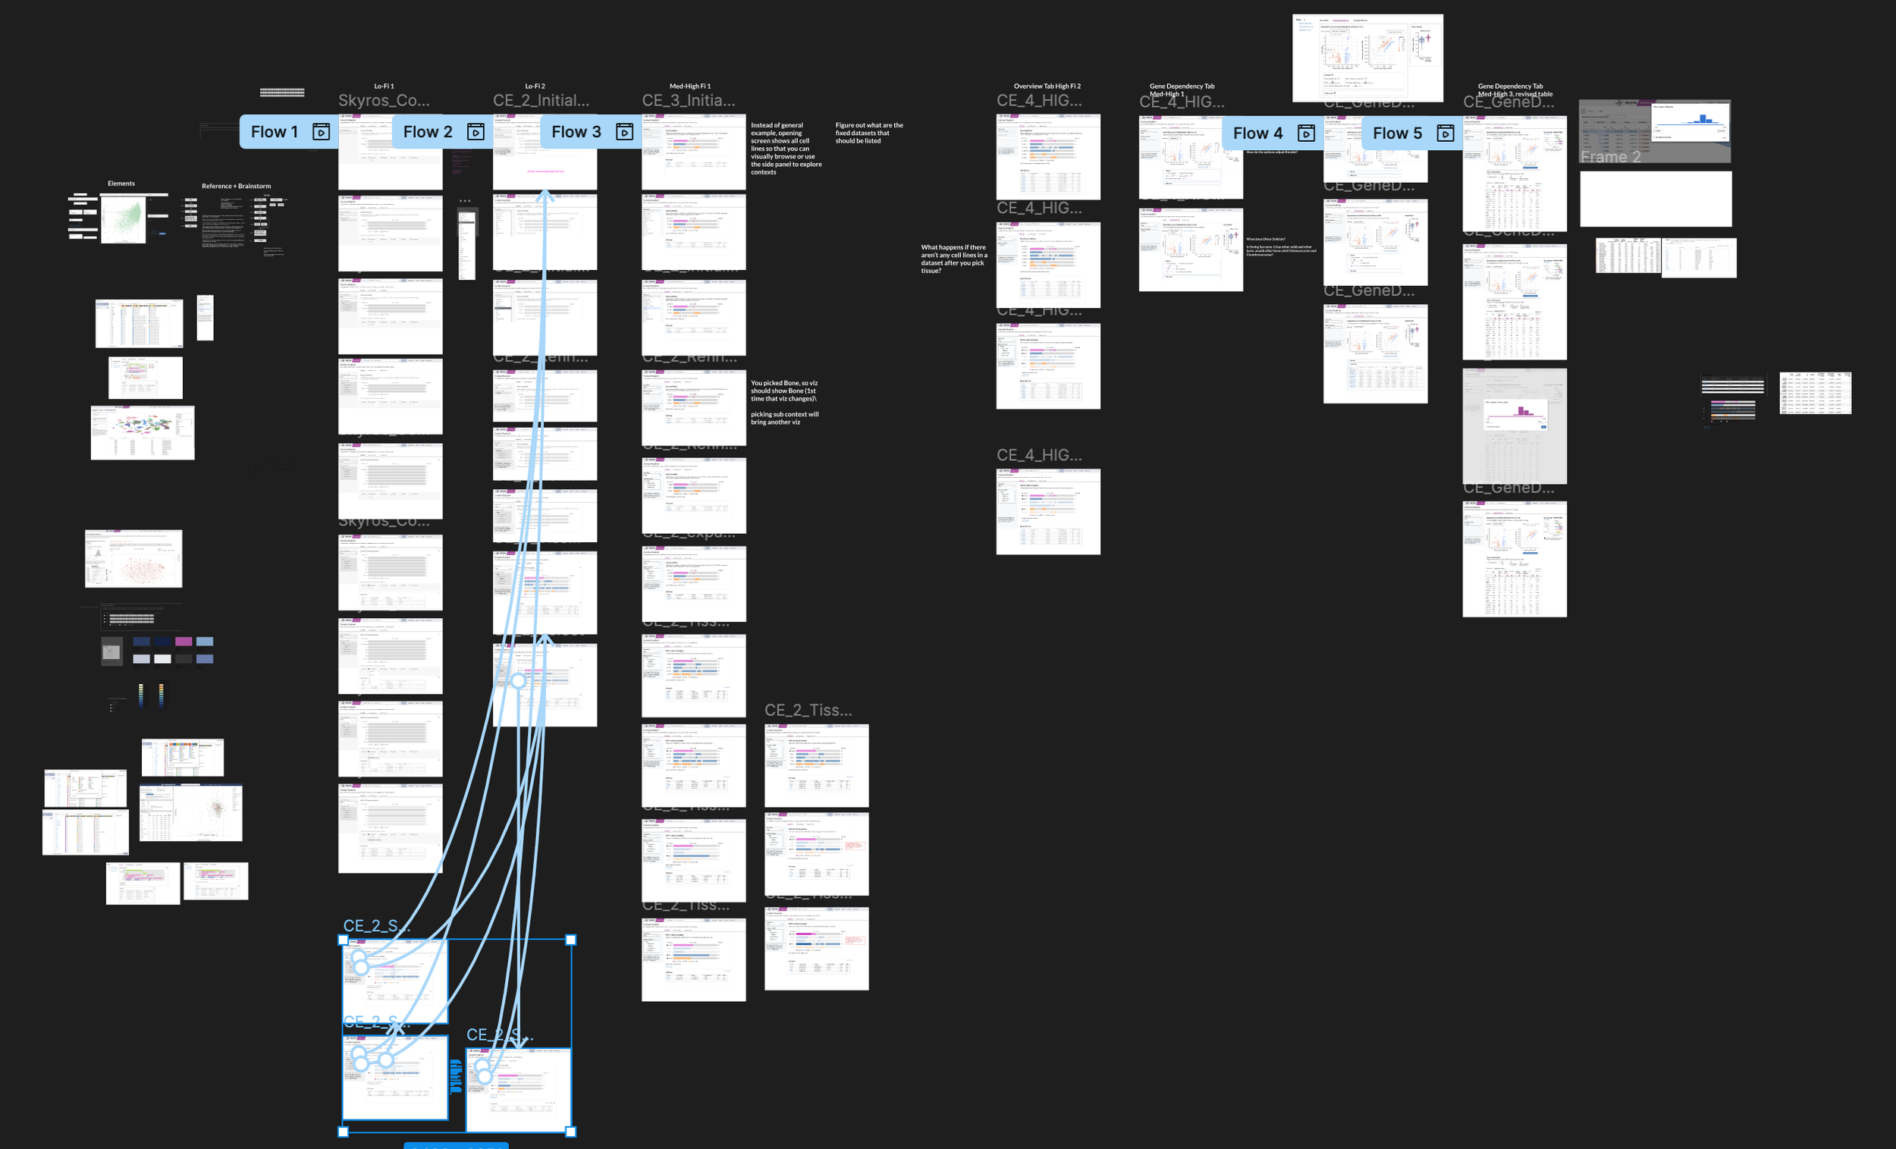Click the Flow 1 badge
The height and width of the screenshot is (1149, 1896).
(x=274, y=132)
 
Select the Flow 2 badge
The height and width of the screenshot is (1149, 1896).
(x=427, y=132)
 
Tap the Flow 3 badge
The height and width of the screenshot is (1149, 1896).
(x=576, y=132)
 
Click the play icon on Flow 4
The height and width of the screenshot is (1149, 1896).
(x=1306, y=133)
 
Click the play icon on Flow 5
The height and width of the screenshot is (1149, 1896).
(x=1445, y=133)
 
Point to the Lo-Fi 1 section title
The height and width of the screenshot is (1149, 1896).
(x=384, y=86)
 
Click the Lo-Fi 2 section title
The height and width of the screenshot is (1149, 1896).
(x=535, y=86)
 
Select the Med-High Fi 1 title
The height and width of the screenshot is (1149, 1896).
(x=690, y=86)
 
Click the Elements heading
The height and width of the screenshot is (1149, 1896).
(x=121, y=184)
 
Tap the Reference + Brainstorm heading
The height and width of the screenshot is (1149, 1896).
(x=236, y=186)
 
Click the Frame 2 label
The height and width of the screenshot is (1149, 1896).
(x=1610, y=157)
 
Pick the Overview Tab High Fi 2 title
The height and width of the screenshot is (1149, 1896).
(x=1047, y=86)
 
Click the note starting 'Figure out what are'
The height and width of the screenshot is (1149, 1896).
(x=868, y=133)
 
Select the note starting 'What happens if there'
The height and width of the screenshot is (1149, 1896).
(x=953, y=259)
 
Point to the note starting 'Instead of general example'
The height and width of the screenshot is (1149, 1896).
(x=786, y=148)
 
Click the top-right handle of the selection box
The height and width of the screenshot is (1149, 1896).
(x=571, y=940)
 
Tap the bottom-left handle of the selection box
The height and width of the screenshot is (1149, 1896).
(x=344, y=1132)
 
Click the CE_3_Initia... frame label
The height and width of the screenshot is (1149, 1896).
(x=688, y=101)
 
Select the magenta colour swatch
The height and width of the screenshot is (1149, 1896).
(x=183, y=641)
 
